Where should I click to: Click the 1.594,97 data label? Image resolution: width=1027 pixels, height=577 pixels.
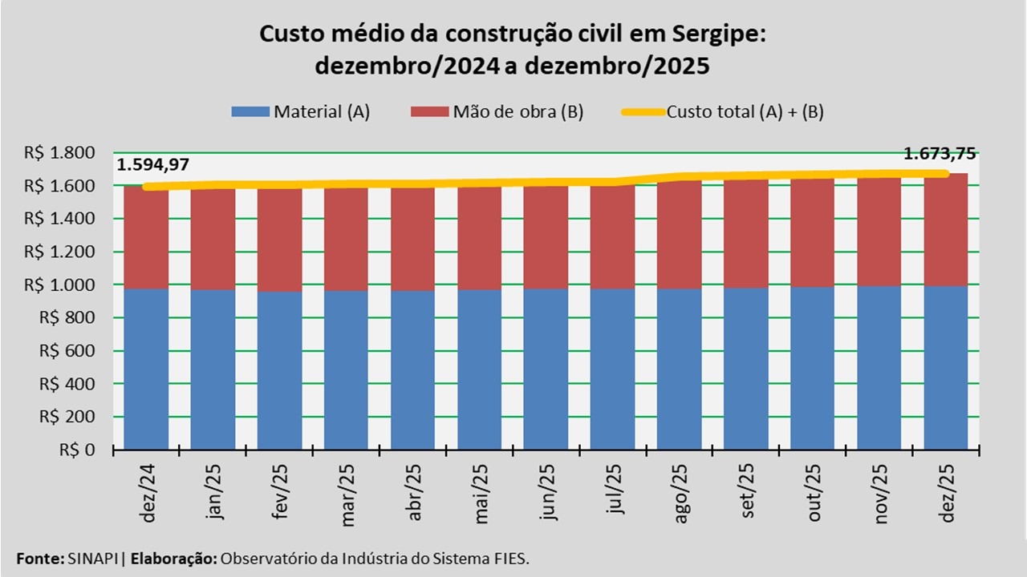point(152,166)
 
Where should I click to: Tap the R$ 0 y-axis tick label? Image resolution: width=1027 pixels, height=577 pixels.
point(83,450)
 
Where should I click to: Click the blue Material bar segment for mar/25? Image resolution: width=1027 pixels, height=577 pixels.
point(347,369)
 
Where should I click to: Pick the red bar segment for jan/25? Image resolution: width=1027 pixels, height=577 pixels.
point(213,239)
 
